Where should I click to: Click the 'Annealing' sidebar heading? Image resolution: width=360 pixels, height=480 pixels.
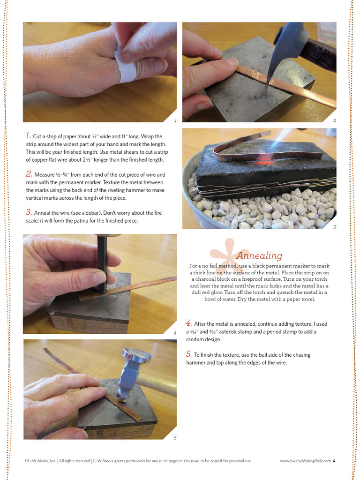259,255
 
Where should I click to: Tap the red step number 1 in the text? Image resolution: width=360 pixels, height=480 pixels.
28,135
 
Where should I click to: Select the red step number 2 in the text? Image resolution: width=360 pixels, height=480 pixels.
29,174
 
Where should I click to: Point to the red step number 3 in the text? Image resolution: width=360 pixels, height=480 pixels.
29,212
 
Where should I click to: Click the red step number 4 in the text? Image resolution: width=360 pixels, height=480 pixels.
188,323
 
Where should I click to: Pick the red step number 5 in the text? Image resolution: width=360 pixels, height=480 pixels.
188,354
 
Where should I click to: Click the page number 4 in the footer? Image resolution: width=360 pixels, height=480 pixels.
334,461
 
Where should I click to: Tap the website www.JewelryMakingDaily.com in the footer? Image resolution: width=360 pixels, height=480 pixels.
305,461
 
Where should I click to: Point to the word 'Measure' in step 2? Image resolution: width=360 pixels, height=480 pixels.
45,175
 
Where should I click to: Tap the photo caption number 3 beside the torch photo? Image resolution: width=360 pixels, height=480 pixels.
335,227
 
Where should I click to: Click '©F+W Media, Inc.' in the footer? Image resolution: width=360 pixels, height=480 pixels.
40,461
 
